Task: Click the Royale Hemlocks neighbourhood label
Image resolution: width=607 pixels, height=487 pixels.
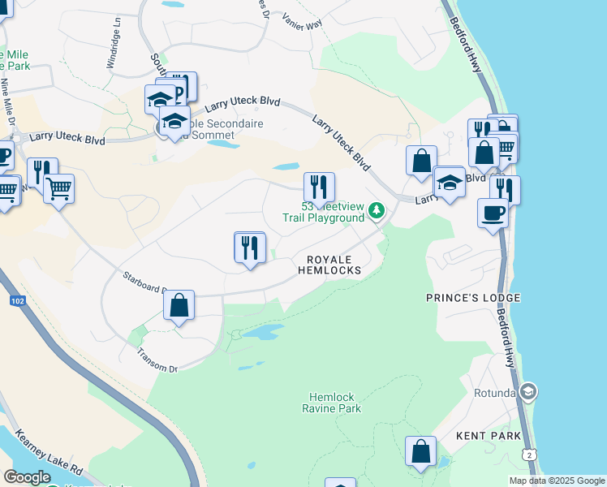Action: click(334, 264)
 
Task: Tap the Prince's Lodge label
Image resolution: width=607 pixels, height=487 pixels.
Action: click(473, 298)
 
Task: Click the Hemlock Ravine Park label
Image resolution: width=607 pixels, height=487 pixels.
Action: click(331, 403)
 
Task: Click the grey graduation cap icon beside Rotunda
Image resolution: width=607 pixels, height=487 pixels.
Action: click(528, 393)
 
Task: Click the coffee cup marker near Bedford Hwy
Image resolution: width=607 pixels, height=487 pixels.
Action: click(493, 213)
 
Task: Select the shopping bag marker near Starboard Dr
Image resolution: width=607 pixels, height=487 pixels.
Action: click(179, 306)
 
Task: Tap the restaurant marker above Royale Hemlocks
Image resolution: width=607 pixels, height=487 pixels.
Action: click(250, 247)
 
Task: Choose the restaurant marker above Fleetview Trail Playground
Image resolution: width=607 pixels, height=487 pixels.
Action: click(319, 187)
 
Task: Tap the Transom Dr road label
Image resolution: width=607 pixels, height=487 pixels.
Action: click(157, 360)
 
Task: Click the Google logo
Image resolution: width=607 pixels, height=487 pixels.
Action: click(27, 477)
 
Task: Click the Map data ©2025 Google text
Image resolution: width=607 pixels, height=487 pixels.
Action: click(556, 481)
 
